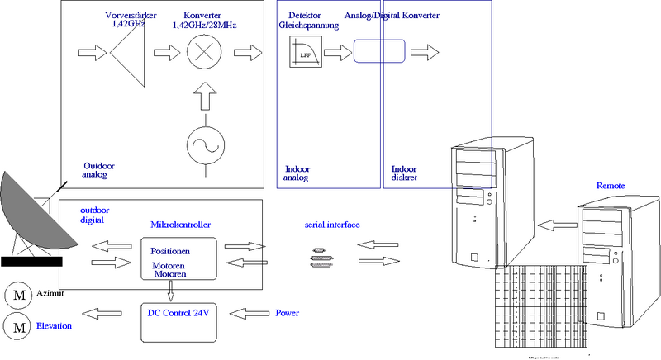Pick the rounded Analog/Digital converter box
tap(380, 51)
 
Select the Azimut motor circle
tap(17, 295)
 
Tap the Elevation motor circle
tap(17, 327)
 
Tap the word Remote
tap(611, 187)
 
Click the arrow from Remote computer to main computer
tap(555, 224)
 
